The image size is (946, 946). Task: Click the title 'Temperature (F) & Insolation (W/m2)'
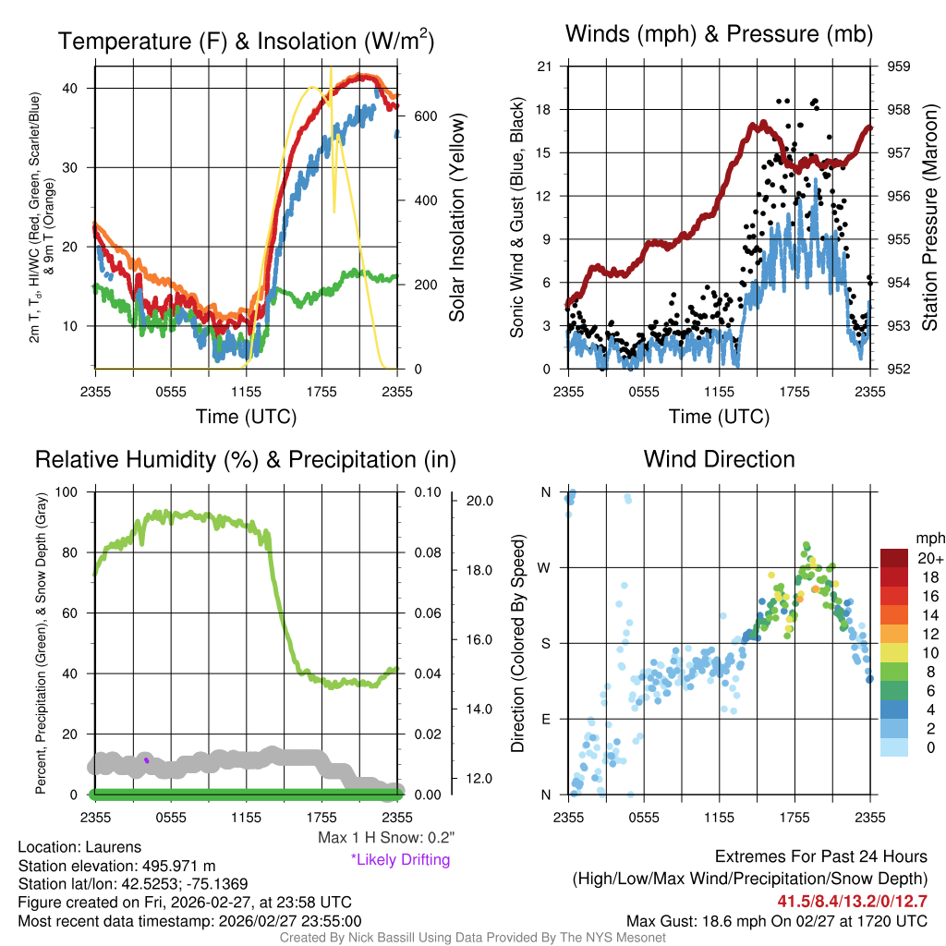[x=246, y=41]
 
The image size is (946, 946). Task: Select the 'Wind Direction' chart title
[x=719, y=458]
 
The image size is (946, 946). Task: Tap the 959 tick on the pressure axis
[x=899, y=67]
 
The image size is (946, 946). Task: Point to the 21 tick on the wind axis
[x=544, y=67]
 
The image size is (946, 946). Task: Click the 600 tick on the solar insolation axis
[x=426, y=116]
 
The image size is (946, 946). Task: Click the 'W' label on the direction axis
[x=545, y=567]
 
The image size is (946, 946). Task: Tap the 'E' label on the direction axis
[x=546, y=719]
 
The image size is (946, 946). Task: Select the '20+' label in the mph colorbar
[x=930, y=559]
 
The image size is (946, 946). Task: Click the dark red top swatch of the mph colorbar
[x=893, y=558]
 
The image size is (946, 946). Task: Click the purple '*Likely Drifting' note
[x=400, y=859]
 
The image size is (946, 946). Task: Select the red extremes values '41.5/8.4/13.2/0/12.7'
[x=852, y=901]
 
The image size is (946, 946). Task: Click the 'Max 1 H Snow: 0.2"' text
[x=385, y=838]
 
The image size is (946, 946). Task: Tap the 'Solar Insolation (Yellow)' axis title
[x=456, y=218]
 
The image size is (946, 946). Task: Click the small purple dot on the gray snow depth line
[x=146, y=760]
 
